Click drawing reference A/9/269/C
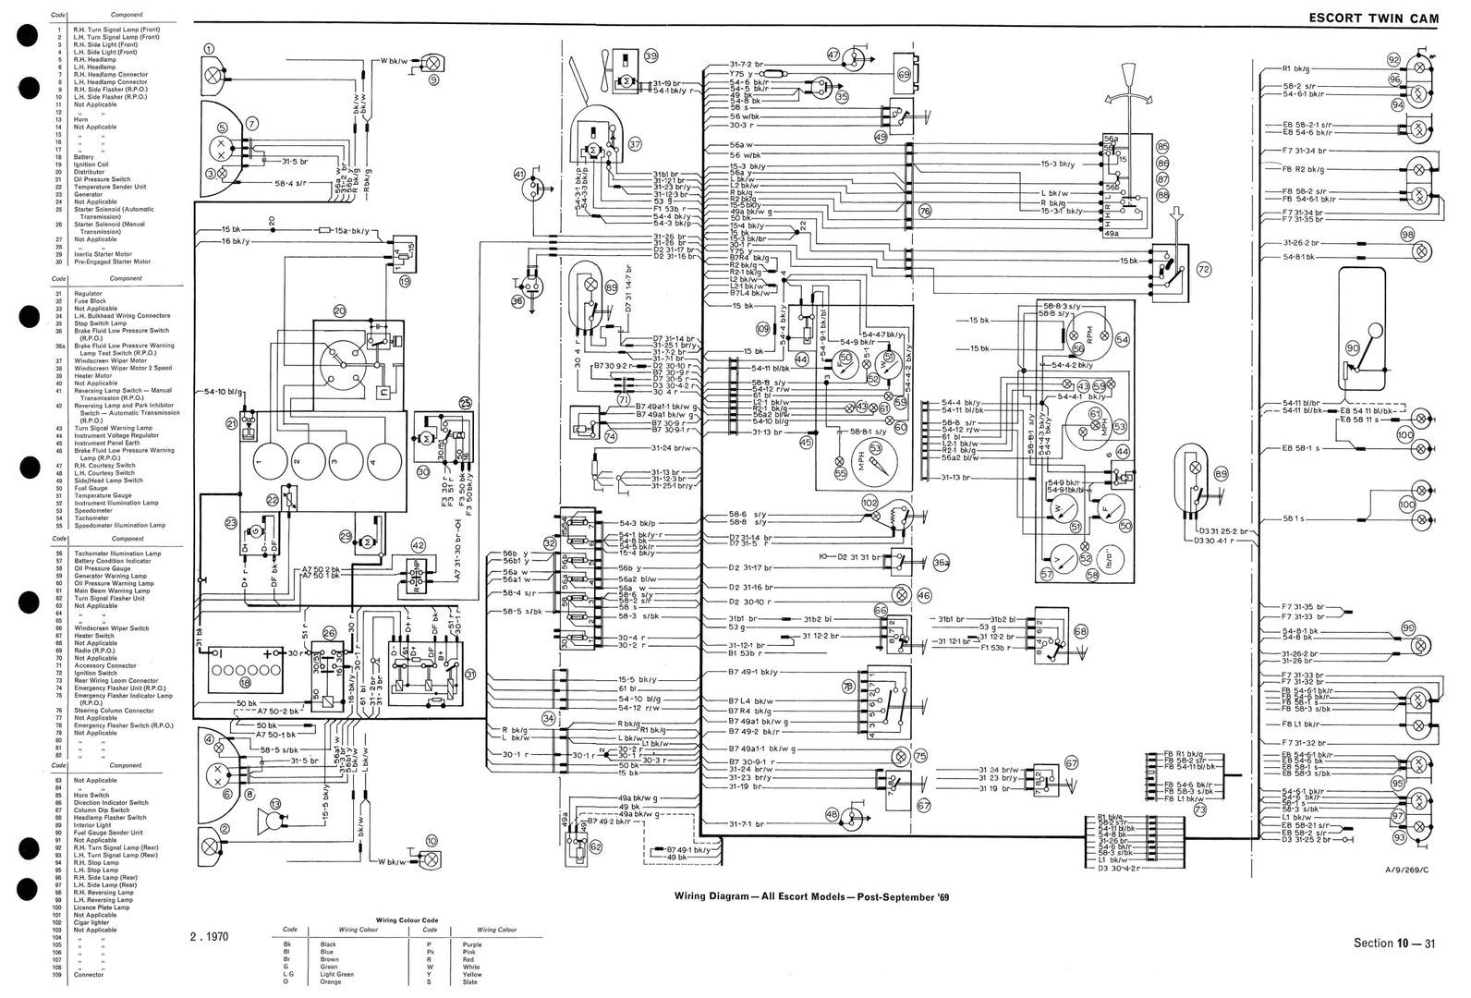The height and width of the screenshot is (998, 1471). tap(1405, 870)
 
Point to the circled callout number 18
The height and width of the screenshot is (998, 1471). tap(245, 683)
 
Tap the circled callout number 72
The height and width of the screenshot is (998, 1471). tap(1203, 269)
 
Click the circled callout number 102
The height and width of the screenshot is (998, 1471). tap(869, 502)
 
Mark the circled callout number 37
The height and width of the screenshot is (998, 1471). tap(634, 144)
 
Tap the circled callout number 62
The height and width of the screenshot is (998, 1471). tap(595, 845)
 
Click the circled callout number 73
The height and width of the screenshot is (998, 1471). tap(1200, 809)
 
